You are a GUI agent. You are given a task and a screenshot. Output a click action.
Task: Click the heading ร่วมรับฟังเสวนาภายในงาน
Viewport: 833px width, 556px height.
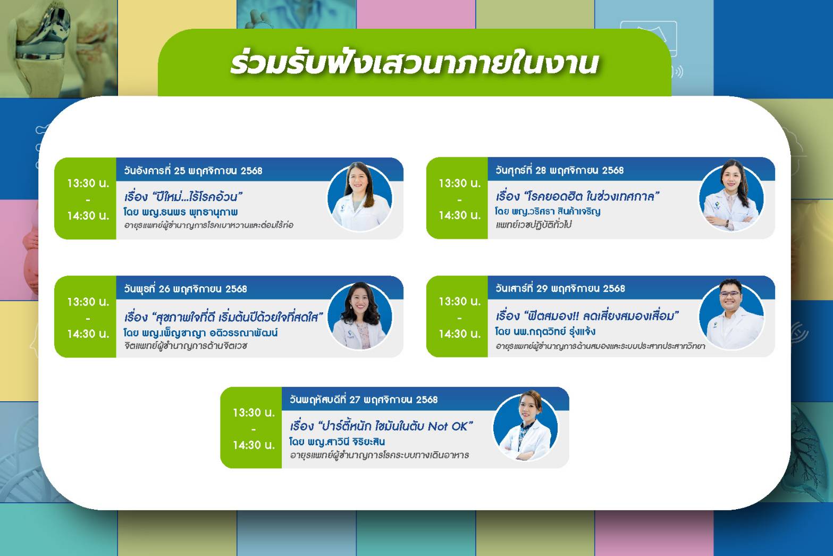pos(414,63)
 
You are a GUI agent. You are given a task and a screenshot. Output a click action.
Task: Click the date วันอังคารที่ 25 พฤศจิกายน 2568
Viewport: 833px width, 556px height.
pos(193,171)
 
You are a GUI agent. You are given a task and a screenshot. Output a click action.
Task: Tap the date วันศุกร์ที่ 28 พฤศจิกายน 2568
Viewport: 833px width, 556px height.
pos(559,170)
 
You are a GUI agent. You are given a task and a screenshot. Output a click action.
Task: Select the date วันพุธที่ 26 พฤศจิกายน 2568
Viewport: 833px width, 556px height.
pos(186,289)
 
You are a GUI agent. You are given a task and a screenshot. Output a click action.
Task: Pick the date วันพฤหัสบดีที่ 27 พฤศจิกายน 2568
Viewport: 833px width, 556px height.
pos(364,400)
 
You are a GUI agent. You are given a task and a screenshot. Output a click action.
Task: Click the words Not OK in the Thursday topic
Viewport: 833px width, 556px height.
pos(450,426)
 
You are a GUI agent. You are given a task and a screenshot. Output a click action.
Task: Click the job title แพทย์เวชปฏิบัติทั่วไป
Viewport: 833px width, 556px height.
pos(533,225)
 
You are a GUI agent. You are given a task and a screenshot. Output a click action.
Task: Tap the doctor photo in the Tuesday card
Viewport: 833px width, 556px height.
pos(360,197)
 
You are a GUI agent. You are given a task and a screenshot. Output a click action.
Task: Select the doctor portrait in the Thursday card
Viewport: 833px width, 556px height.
pos(526,427)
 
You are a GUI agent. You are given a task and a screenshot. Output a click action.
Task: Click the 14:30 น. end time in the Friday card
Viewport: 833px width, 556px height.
pos(459,215)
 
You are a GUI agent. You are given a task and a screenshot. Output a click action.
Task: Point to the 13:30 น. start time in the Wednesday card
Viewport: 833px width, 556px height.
pos(88,302)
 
